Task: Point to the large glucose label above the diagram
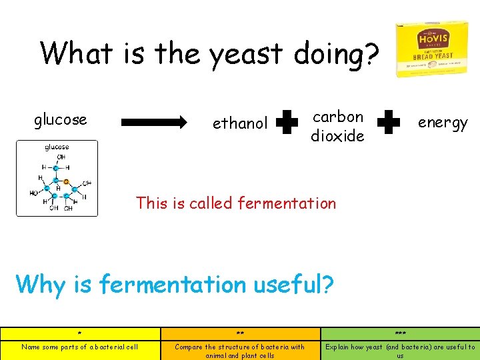coord(60,120)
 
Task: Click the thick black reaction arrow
coord(154,122)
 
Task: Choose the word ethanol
coord(239,123)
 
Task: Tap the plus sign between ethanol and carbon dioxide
coord(287,123)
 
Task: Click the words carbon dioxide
coord(337,126)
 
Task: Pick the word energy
coord(443,123)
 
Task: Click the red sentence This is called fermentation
coord(236,203)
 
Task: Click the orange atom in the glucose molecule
coord(65,181)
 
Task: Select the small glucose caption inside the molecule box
coord(57,147)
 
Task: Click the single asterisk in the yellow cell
coord(79,333)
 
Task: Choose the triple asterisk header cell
coord(400,333)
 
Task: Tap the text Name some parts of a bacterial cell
coord(79,347)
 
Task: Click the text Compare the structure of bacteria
coord(239,347)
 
